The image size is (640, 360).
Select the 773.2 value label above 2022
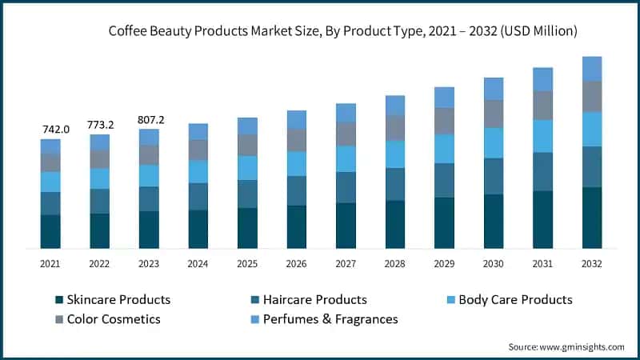100,125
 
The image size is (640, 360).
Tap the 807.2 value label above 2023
150,120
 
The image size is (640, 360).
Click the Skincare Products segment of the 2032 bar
592,218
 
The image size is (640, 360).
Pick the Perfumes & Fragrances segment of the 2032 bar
592,69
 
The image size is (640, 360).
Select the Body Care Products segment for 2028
395,154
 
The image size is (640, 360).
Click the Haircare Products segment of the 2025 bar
248,194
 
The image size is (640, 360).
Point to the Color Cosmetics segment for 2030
494,114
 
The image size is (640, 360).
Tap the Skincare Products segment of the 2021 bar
50,231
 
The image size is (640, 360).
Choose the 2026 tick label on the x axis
297,262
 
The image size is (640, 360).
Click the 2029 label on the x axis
445,262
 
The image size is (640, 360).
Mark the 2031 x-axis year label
543,262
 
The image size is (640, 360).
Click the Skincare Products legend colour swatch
58,300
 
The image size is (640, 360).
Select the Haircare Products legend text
315,300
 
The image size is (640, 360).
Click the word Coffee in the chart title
130,31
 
